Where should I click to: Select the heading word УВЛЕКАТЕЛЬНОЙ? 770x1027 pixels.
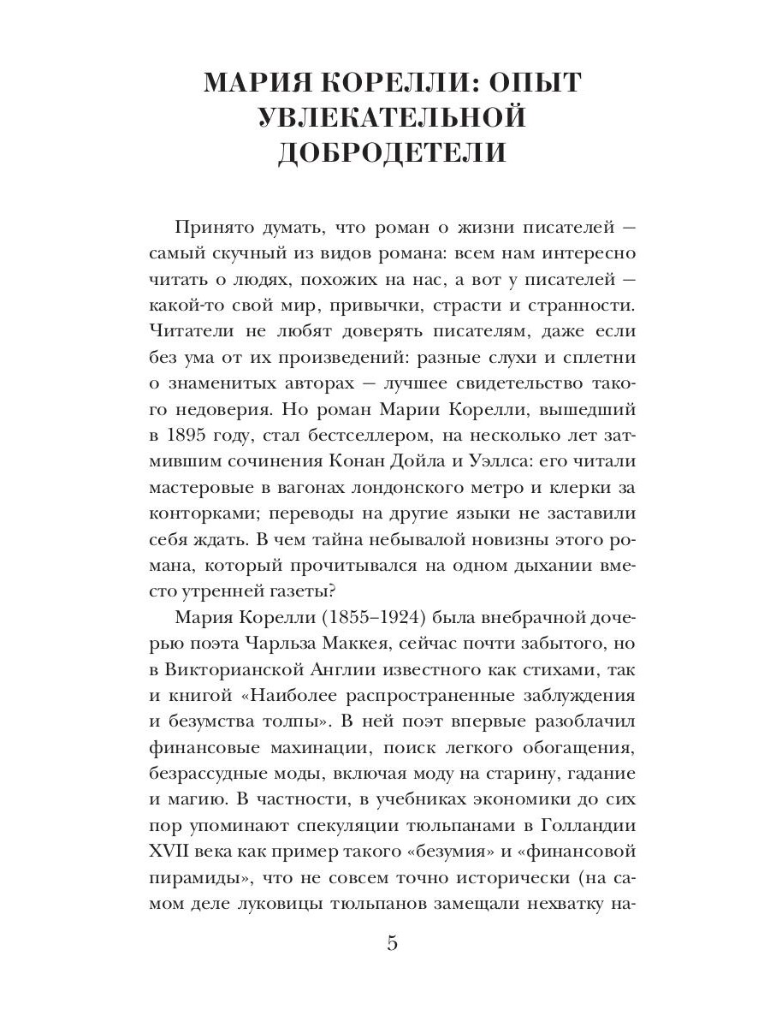[392, 117]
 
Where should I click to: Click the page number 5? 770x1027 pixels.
[393, 944]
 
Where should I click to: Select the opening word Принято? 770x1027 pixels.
[210, 228]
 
